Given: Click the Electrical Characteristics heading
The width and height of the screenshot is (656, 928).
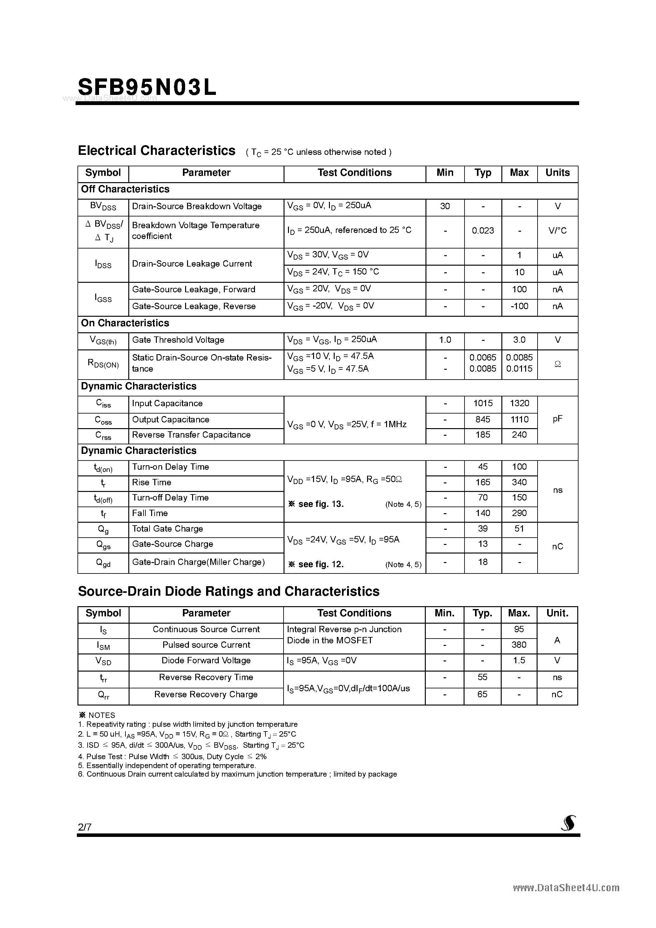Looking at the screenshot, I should [x=157, y=151].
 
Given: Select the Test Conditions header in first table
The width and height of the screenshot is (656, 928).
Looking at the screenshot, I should [x=354, y=173].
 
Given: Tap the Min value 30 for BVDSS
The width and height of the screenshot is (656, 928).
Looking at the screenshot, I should [x=445, y=207].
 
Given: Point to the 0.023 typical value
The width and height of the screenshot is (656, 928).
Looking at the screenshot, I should [x=483, y=231].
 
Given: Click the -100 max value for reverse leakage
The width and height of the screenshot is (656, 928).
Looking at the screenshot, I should [x=519, y=306].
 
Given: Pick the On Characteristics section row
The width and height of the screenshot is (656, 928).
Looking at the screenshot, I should [x=125, y=323].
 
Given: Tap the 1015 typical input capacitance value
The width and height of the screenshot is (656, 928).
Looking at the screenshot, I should [x=483, y=403].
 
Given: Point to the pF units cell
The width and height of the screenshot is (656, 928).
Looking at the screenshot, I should [x=557, y=419].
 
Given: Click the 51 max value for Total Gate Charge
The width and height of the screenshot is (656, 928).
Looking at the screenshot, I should [x=519, y=529].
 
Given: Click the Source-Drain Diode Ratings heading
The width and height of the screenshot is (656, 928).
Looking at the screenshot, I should [x=229, y=592].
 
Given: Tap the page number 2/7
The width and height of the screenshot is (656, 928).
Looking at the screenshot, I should [x=85, y=827].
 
